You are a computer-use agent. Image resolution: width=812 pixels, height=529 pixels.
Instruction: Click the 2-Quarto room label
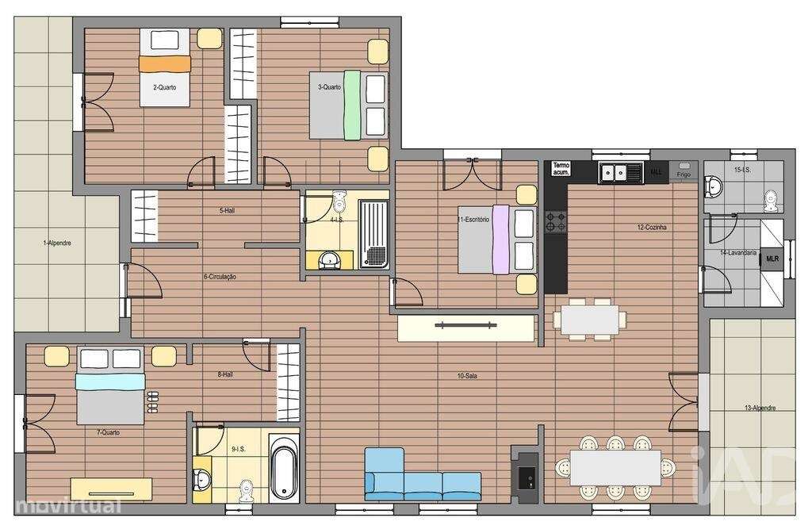click(165, 87)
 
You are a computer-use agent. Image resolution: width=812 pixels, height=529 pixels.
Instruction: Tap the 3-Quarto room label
click(329, 87)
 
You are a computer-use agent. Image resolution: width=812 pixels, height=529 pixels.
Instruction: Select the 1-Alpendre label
click(56, 243)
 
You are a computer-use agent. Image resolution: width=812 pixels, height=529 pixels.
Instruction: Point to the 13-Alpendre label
click(760, 408)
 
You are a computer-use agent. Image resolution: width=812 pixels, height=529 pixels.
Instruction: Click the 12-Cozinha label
click(652, 227)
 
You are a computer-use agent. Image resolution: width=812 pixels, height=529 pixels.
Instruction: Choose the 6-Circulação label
click(220, 277)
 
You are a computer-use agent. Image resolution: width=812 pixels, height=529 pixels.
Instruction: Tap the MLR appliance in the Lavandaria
click(772, 259)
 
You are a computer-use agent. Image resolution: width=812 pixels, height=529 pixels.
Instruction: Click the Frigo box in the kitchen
click(684, 171)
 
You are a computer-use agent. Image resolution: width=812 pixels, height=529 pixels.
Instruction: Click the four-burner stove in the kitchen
click(556, 222)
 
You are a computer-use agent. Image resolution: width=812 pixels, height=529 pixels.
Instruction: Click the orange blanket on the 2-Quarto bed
click(165, 63)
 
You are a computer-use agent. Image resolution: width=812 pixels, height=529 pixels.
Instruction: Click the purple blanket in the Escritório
click(500, 240)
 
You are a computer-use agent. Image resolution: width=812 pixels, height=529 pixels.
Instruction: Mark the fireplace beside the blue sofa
click(526, 476)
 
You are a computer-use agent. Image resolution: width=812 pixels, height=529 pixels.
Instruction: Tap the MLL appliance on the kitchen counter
click(657, 171)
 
